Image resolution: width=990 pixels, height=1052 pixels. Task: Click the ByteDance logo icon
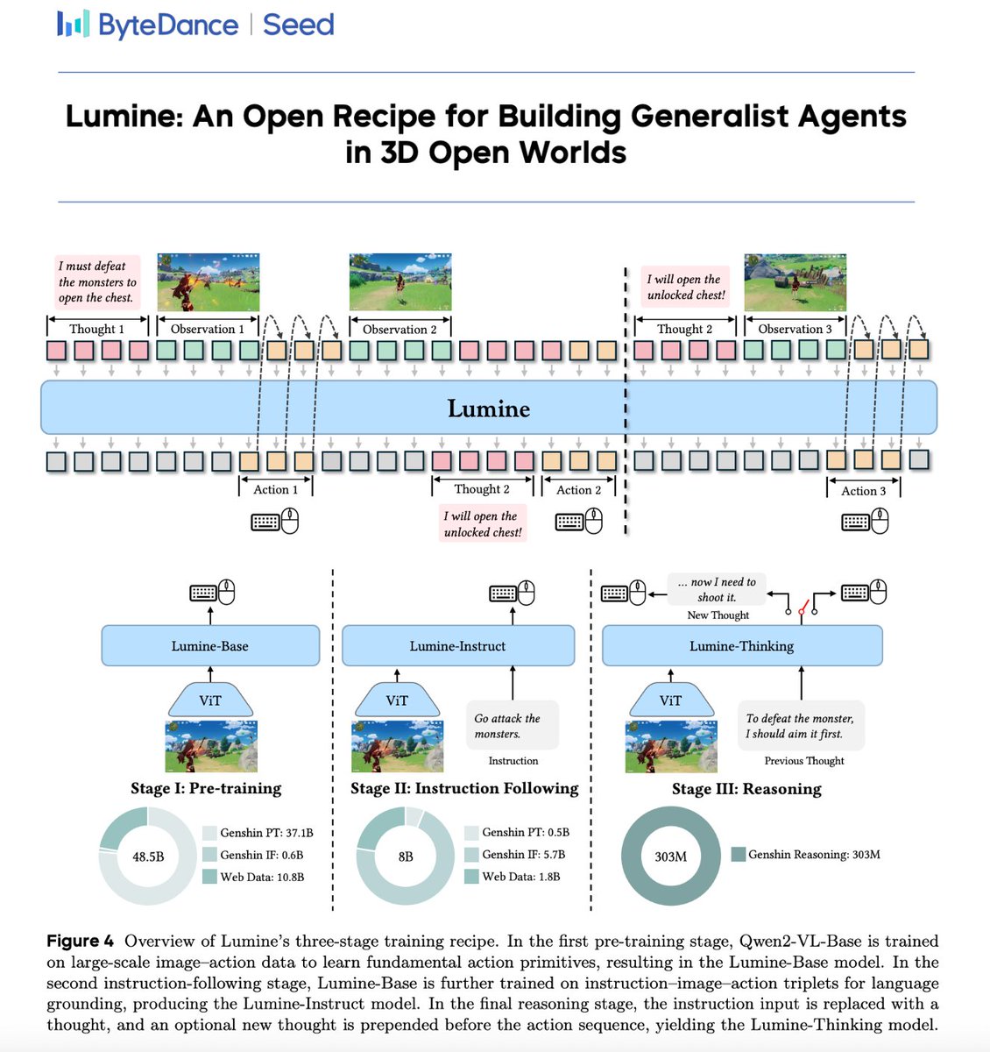pyautogui.click(x=73, y=24)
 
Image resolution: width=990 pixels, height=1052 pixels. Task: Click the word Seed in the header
pyautogui.click(x=299, y=25)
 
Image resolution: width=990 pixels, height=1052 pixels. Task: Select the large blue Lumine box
pyautogui.click(x=488, y=409)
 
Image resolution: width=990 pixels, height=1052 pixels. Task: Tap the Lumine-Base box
pyautogui.click(x=210, y=646)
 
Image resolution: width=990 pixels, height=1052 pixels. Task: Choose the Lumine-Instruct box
pyautogui.click(x=457, y=646)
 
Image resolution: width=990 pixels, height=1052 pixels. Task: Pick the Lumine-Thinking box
pyautogui.click(x=741, y=646)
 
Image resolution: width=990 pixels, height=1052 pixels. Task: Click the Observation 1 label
pyautogui.click(x=208, y=329)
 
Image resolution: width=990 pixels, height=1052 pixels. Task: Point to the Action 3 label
pyautogui.click(x=863, y=491)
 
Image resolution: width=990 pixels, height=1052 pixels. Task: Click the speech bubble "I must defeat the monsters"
pyautogui.click(x=97, y=281)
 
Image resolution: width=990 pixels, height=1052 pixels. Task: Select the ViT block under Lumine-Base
pyautogui.click(x=210, y=700)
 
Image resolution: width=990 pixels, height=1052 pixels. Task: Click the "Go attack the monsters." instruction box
pyautogui.click(x=508, y=725)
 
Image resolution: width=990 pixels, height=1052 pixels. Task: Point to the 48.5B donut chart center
pyautogui.click(x=148, y=856)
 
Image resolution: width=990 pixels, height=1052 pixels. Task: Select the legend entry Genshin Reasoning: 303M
pyautogui.click(x=806, y=854)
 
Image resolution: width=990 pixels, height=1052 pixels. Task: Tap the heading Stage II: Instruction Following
pyautogui.click(x=464, y=788)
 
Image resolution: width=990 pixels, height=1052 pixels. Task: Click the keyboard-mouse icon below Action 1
pyautogui.click(x=275, y=522)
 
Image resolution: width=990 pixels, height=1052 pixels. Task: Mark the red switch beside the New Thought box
pyautogui.click(x=802, y=606)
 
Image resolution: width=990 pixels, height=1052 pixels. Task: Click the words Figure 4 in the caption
pyautogui.click(x=80, y=941)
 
